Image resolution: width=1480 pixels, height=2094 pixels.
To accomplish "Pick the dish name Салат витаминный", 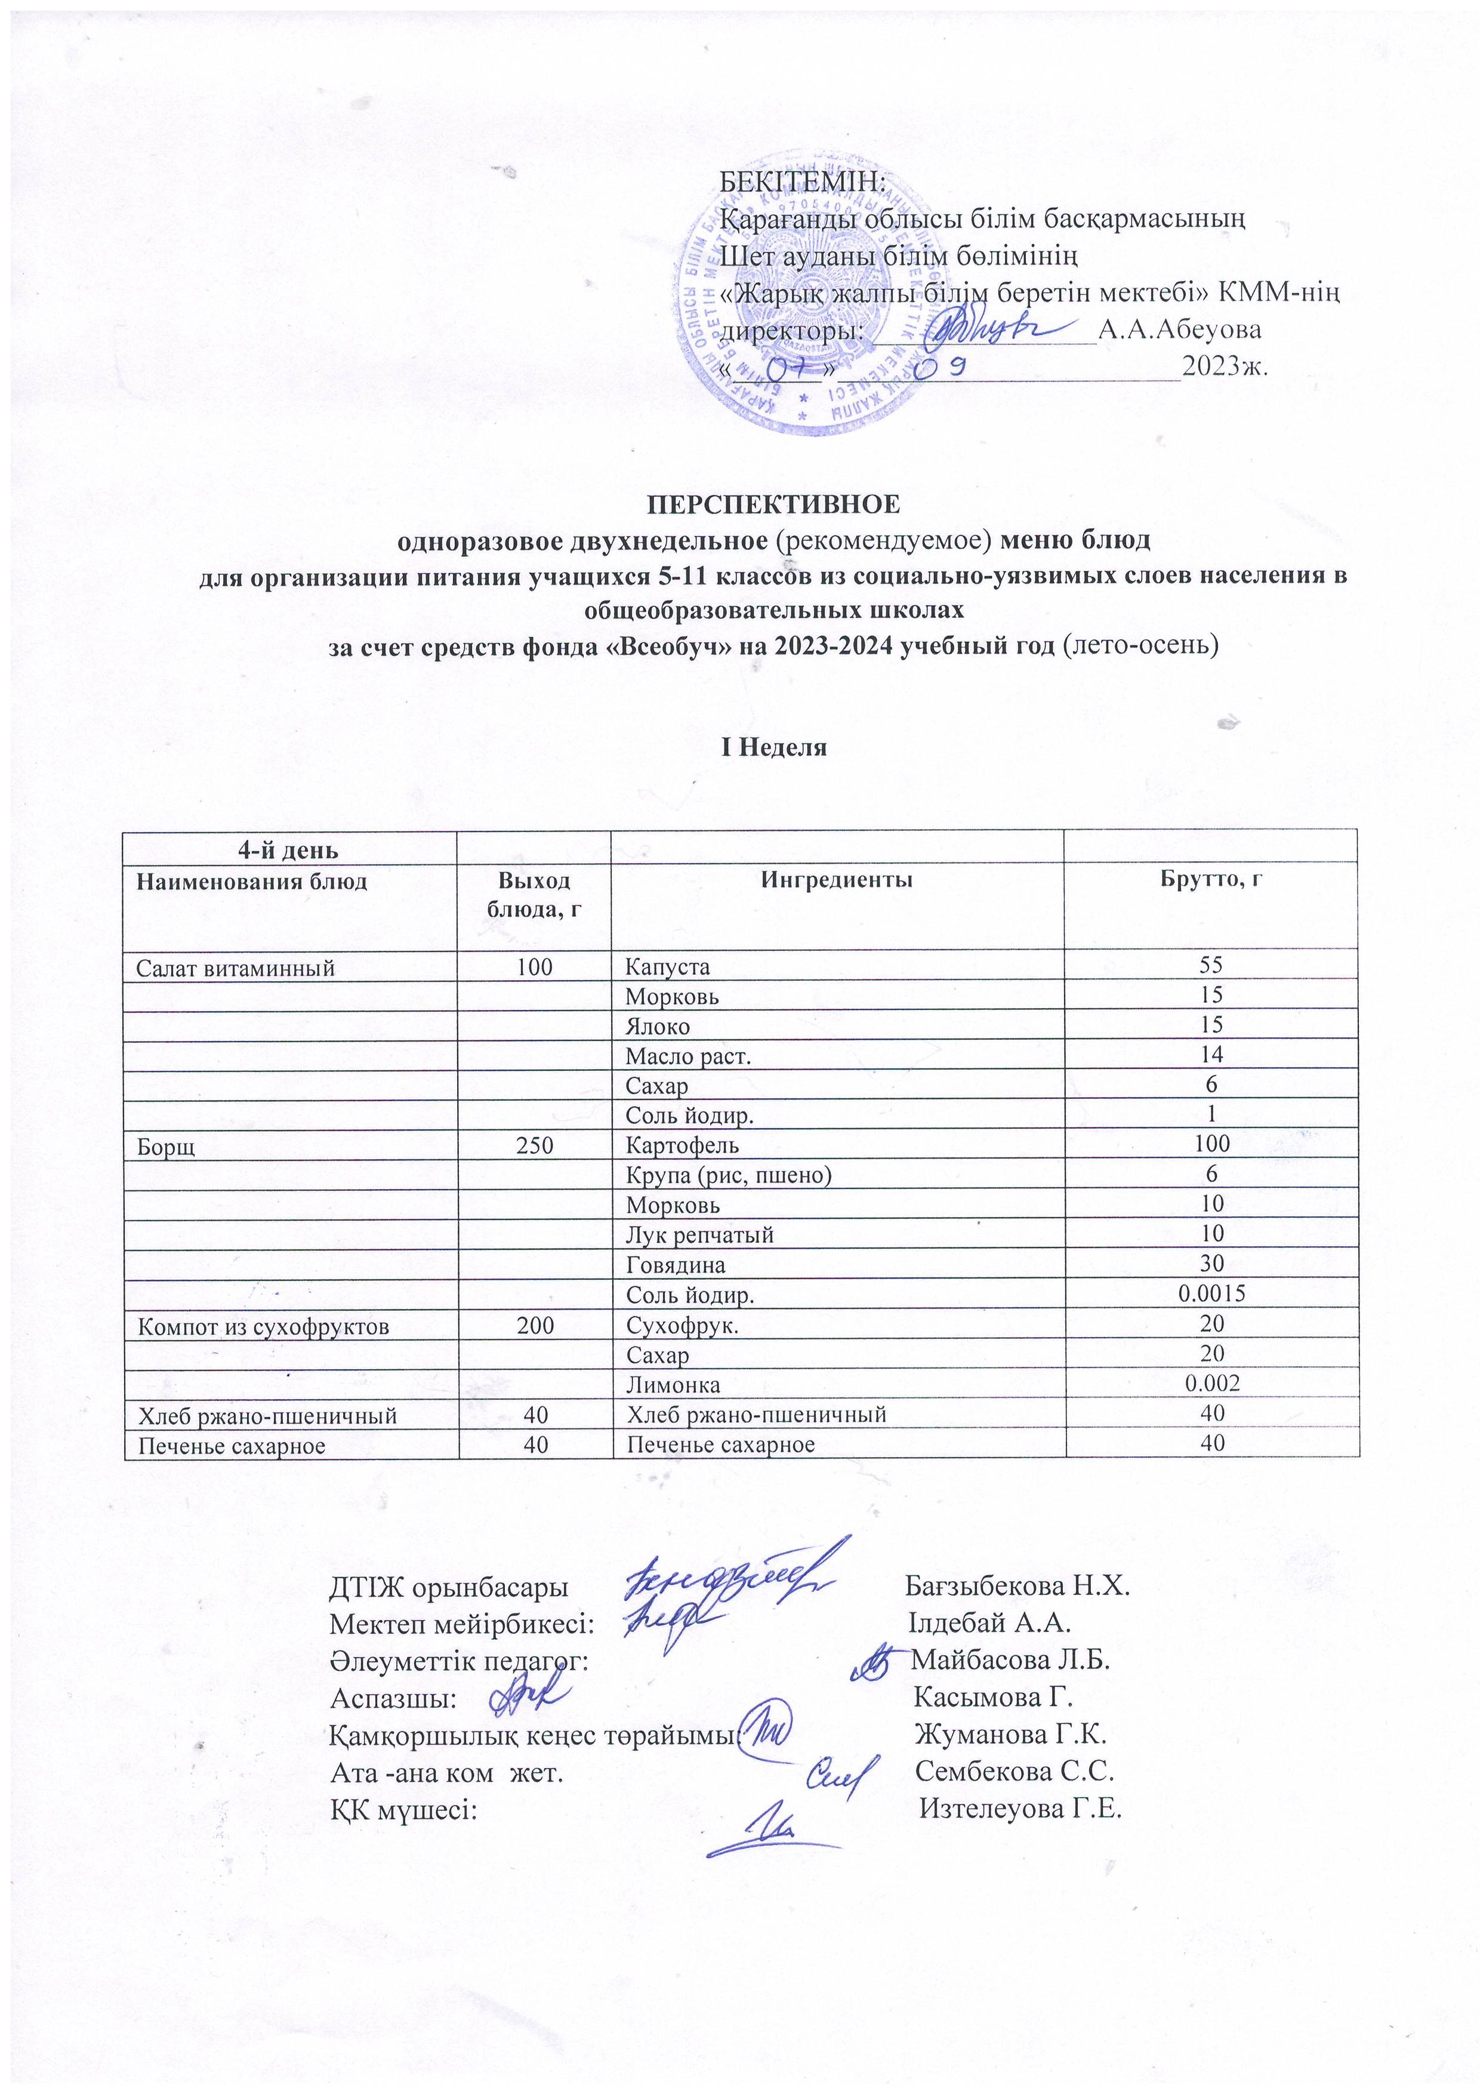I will click(235, 968).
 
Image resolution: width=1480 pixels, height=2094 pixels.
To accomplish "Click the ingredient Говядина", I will click(675, 1265).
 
